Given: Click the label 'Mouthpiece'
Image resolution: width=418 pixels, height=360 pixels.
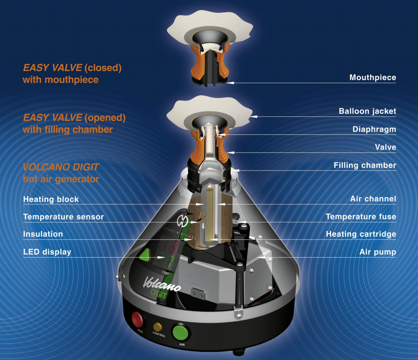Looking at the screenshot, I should pos(373,77).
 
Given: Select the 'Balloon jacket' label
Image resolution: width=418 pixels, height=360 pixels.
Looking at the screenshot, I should pos(367,111).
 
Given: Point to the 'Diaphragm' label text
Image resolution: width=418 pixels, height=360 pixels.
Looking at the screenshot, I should pos(374,129).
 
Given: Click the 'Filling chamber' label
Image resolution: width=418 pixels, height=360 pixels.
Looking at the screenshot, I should pos(365,165).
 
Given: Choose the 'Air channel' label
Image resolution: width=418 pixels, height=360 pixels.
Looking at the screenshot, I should pos(373,199).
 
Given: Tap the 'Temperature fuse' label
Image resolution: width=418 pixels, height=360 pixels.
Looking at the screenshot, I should pos(361,217).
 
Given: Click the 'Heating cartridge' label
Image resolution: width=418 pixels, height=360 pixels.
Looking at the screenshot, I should pos(361,234).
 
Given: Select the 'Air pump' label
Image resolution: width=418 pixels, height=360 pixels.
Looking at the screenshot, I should pos(378,252).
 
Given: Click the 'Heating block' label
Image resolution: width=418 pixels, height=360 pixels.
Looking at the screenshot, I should pos(51,199).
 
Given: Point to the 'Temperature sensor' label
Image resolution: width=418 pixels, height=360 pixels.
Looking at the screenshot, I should pos(63,217).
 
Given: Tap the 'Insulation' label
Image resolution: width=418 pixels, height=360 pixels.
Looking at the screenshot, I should pos(43,234).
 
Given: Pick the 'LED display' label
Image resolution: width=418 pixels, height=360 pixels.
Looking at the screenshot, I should pos(47,252).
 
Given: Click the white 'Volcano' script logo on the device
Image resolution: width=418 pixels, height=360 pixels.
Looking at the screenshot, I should pos(162,284).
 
